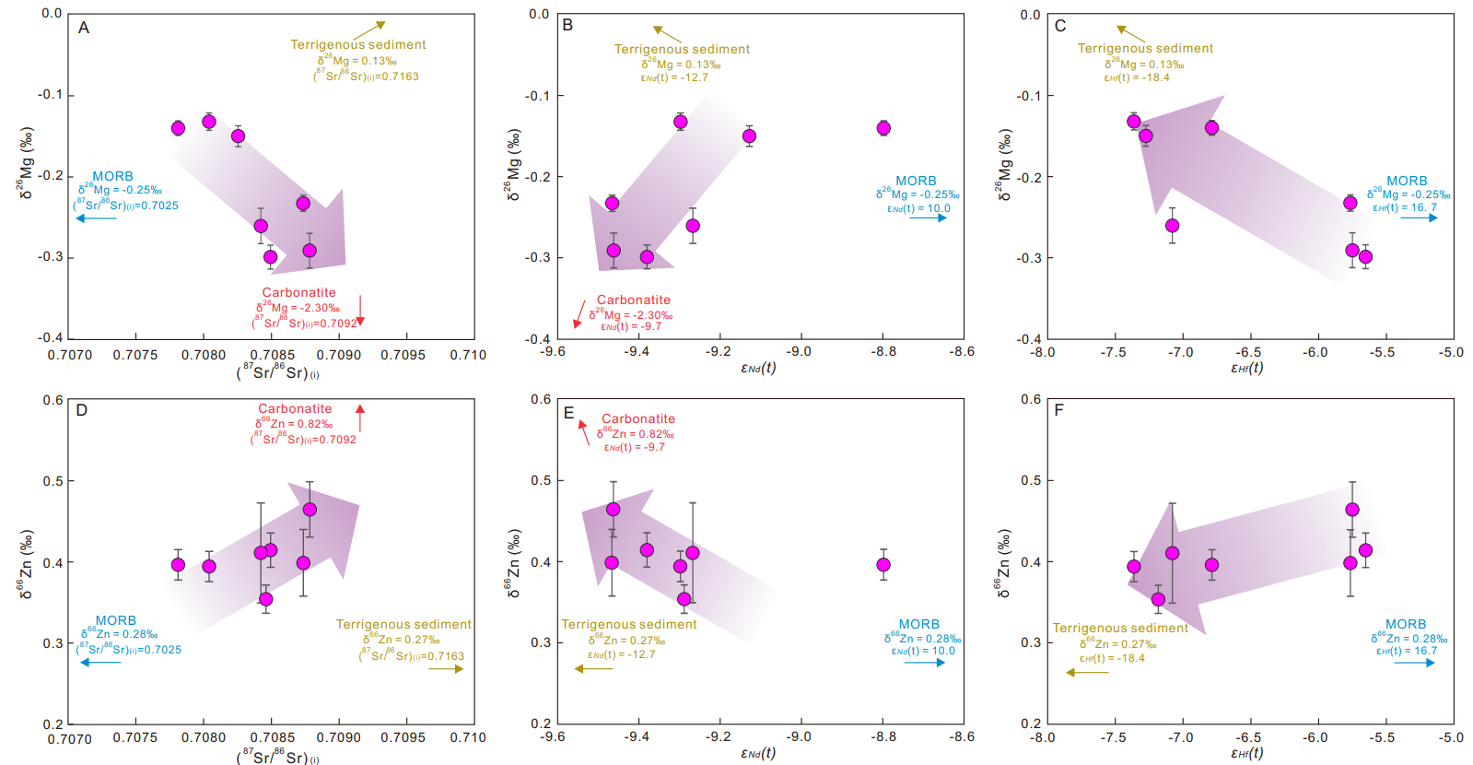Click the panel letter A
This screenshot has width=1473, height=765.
[84, 28]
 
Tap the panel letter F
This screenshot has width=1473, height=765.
[1058, 409]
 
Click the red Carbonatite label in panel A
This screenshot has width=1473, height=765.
[298, 292]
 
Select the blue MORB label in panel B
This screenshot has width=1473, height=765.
[916, 181]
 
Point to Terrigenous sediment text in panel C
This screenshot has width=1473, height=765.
[1145, 48]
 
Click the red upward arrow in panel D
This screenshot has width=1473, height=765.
[360, 418]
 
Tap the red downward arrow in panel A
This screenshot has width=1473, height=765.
[360, 311]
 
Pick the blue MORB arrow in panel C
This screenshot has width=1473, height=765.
[1420, 218]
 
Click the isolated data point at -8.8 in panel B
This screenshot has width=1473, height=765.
[883, 128]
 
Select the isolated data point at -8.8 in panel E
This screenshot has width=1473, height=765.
[883, 565]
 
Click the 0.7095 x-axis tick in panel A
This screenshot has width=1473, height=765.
[403, 355]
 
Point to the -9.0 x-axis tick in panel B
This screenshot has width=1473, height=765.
[799, 351]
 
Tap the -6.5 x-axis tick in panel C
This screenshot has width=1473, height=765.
[1248, 352]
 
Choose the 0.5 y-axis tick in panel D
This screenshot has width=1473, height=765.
[53, 481]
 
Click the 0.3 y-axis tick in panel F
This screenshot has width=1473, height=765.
[1031, 643]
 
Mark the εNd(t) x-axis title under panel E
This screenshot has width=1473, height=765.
[758, 753]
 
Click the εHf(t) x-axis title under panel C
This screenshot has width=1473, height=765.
[1246, 368]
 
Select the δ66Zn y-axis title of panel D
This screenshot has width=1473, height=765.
[26, 564]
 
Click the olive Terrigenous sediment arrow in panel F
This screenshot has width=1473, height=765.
[1087, 673]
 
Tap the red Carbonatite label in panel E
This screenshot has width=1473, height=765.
[637, 418]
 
